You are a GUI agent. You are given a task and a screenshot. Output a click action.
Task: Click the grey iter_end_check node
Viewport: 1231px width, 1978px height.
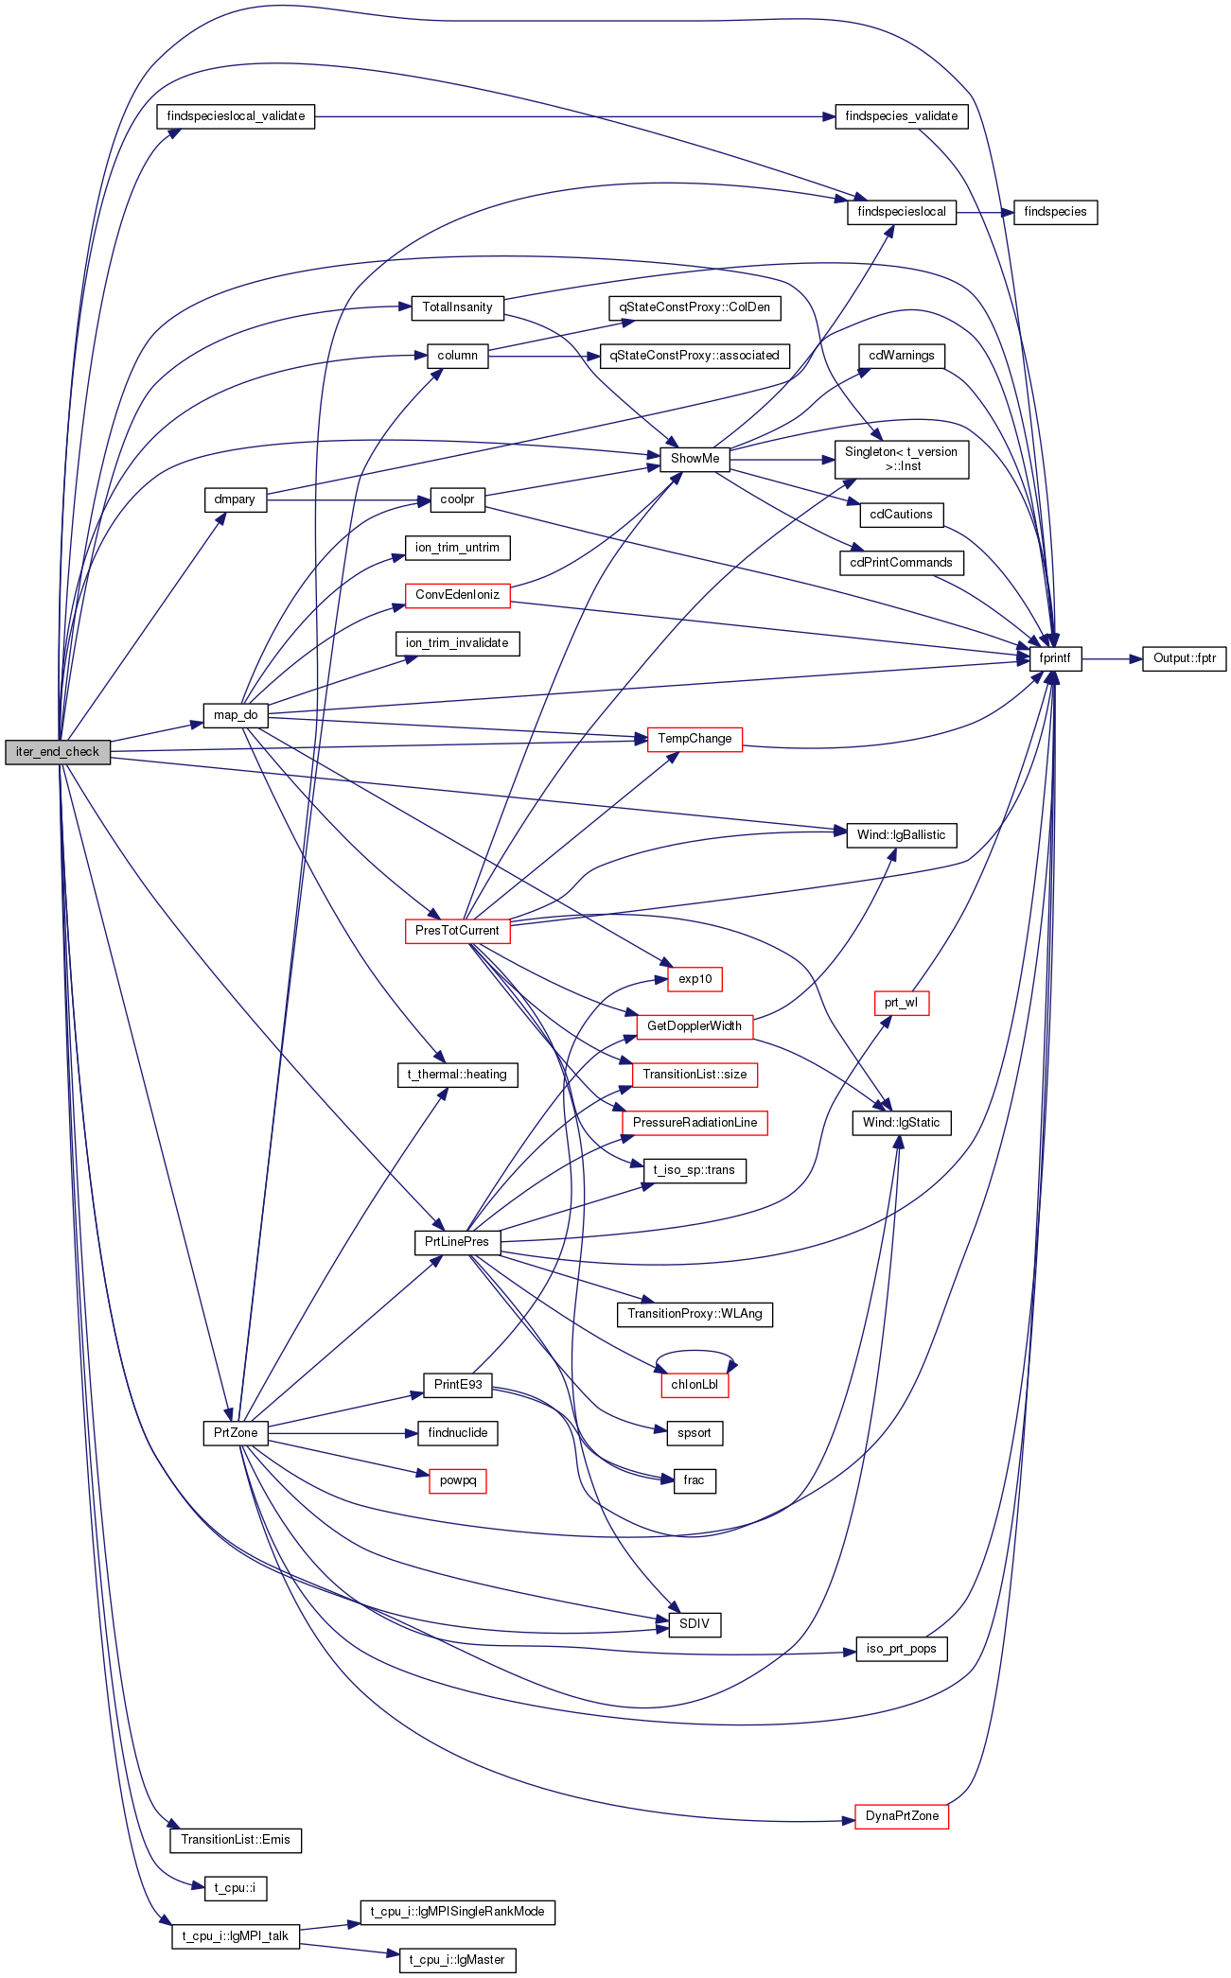58,752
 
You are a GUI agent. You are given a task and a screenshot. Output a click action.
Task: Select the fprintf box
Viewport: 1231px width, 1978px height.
1055,658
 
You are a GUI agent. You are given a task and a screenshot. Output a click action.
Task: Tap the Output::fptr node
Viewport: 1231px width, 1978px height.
1185,658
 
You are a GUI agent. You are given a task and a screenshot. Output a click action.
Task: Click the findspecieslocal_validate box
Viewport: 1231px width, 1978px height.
236,116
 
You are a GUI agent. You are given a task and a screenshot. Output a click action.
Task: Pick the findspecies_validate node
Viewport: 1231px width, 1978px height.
902,116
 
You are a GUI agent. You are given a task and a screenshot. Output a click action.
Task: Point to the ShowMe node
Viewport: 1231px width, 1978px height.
695,459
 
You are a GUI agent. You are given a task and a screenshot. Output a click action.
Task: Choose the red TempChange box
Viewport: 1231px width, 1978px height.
695,739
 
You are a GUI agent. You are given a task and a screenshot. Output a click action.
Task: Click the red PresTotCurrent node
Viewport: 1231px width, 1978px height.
457,931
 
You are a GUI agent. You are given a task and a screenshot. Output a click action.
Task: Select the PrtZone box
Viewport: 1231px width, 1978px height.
236,1433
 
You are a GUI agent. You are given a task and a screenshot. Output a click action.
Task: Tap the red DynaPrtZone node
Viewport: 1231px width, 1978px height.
902,1816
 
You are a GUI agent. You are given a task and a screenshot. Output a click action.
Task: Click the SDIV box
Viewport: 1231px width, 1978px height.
695,1624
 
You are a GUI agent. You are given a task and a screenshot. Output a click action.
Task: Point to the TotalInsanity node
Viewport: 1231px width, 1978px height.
457,307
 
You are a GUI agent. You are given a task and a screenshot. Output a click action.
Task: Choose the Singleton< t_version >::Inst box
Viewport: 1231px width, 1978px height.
902,459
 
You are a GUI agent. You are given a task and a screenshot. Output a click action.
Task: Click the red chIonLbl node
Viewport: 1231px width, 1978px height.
695,1385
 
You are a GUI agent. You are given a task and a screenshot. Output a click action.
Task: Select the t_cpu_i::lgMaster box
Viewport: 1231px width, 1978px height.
458,1960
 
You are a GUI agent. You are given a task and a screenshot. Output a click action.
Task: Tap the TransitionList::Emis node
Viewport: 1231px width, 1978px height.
236,1840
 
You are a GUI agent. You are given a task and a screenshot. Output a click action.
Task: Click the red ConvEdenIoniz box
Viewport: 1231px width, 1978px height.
457,595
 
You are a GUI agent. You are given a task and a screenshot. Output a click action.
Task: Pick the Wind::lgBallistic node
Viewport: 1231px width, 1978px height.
902,835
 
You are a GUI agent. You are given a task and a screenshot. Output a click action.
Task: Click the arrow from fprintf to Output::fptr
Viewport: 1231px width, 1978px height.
1112,658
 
